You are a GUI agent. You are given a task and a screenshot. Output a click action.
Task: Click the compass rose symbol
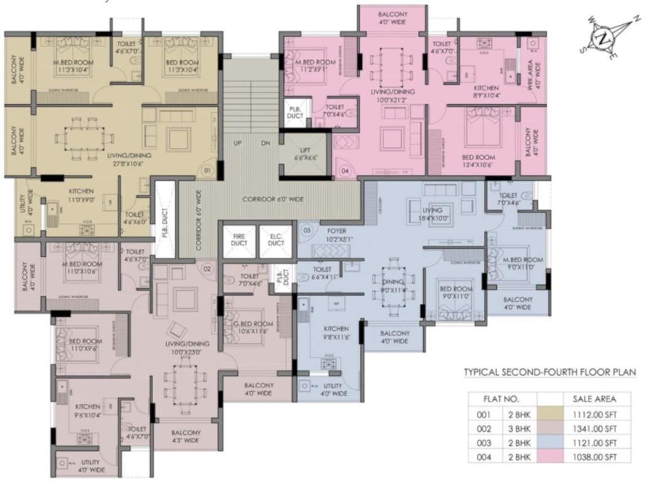click(x=604, y=38)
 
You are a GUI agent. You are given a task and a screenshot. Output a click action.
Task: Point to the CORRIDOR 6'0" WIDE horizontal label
click(x=273, y=199)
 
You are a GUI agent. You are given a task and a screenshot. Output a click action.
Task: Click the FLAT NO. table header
click(x=501, y=399)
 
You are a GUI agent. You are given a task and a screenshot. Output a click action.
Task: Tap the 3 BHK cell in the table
click(x=520, y=429)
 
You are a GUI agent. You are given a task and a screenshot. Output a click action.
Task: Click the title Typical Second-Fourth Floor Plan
click(x=550, y=372)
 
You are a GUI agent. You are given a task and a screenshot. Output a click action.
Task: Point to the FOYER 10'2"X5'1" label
click(x=336, y=235)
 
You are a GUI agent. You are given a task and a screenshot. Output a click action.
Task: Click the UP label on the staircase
click(x=238, y=143)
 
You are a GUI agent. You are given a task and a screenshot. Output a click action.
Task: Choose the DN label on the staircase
click(x=265, y=143)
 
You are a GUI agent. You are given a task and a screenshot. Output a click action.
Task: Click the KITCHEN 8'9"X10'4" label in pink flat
click(x=486, y=92)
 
